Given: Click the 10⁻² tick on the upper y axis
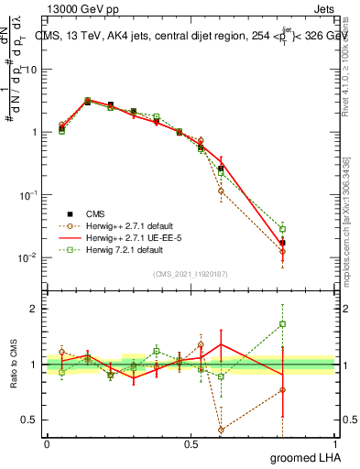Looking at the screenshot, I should (29, 257).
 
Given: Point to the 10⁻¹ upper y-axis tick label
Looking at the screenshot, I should (29, 195).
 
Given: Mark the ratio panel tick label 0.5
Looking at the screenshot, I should (30, 420).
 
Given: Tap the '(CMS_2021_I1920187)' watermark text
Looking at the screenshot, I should (191, 272).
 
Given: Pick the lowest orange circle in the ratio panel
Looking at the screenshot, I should (221, 429).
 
